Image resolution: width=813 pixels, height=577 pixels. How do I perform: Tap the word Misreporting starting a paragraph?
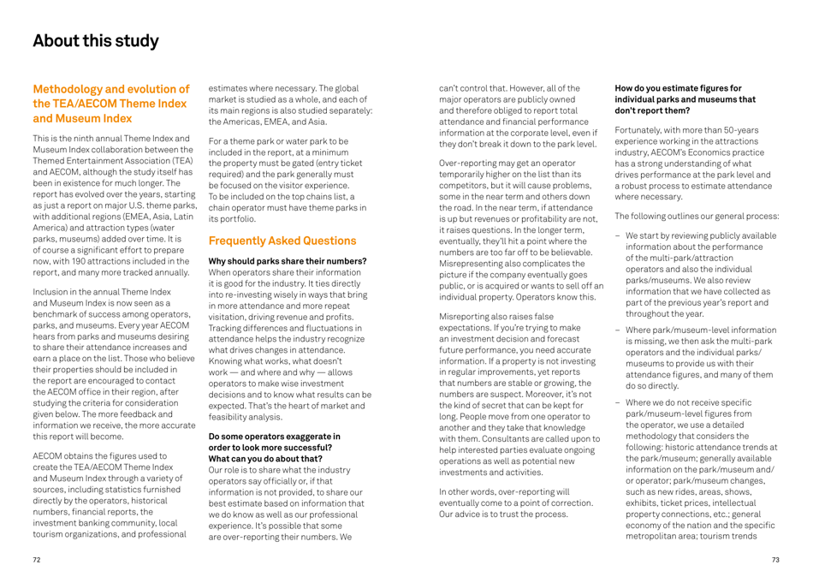(462, 292)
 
